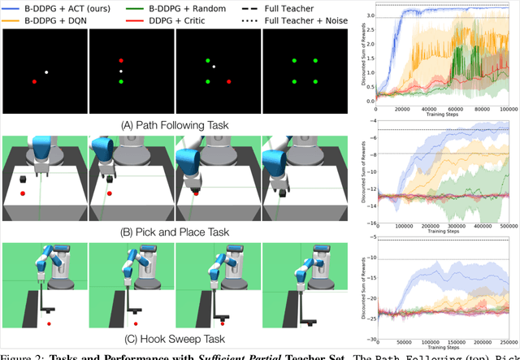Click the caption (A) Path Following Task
[174, 125]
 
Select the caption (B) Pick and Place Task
[174, 232]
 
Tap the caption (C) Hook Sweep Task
[174, 338]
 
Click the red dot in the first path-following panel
[34, 82]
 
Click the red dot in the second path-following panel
[121, 61]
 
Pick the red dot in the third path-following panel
[229, 82]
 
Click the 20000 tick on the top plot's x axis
[402, 108]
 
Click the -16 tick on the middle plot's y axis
[368, 223]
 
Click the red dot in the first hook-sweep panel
[50, 323]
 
